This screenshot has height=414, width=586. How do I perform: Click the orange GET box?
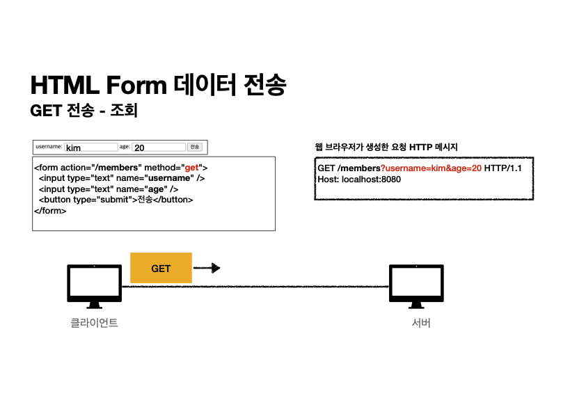coord(161,268)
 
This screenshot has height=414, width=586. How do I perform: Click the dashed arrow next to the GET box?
coord(207,268)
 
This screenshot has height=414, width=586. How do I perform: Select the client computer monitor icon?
coord(94,285)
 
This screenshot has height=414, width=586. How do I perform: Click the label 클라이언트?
coord(94,323)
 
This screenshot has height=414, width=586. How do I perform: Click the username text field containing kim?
coord(91,148)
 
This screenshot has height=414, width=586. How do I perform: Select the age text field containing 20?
coord(159,148)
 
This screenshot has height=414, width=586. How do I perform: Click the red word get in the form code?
coord(191,168)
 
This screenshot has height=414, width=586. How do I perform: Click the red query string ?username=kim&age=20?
coord(431,168)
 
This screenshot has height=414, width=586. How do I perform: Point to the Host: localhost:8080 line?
coord(359,179)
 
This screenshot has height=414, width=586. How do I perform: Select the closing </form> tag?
coord(50,210)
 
